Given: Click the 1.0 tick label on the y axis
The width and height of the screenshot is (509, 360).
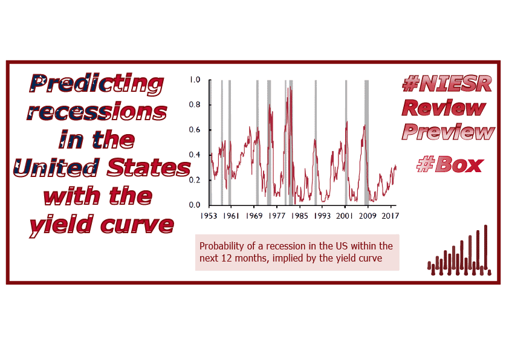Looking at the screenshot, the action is (x=195, y=80).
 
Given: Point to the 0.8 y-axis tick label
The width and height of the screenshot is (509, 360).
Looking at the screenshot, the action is (x=195, y=104).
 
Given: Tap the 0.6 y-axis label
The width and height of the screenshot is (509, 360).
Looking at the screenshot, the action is (x=195, y=130).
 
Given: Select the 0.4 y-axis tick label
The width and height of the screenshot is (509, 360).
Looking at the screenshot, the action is (x=195, y=155).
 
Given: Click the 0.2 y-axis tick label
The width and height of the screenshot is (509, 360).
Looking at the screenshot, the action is (x=195, y=180).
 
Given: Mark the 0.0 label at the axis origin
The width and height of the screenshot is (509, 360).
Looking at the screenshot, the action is (x=195, y=205).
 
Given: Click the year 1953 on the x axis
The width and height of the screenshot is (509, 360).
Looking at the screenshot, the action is (x=209, y=216).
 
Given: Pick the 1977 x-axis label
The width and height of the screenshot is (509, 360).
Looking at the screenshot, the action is (x=277, y=216).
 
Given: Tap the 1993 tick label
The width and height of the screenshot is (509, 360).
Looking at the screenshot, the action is (x=322, y=216).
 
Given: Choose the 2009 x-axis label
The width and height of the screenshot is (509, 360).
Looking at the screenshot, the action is (x=368, y=216).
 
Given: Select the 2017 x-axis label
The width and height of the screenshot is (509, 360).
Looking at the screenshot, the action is (x=390, y=216).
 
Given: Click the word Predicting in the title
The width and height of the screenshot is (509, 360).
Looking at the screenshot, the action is (x=97, y=85).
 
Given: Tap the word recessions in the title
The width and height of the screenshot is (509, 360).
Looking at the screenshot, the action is (x=97, y=111).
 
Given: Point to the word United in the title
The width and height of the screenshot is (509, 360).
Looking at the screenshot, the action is (x=56, y=167).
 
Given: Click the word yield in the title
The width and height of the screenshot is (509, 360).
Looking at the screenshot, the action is (x=62, y=225).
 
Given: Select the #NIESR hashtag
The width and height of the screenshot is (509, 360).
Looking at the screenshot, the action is (x=447, y=83).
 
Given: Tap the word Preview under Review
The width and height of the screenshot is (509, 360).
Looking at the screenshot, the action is (x=449, y=132).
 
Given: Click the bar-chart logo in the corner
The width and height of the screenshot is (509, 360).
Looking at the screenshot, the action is (x=459, y=251).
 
